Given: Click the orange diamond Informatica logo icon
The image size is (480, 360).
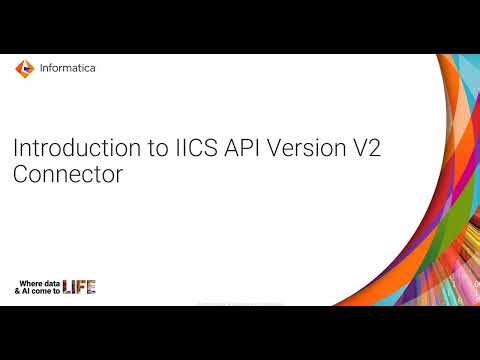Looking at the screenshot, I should coord(23,69).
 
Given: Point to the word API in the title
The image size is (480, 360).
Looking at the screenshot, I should coord(205,147).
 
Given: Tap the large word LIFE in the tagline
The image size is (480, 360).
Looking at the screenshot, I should coord(79,287).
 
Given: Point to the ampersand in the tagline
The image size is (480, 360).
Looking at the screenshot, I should coord(18,291).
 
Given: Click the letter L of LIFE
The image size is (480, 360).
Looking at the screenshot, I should coord(67,287).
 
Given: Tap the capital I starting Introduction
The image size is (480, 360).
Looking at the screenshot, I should coord(14,147).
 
